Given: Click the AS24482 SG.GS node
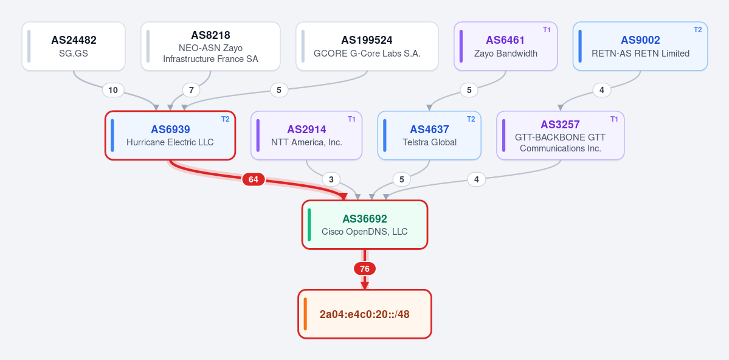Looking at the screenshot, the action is pyautogui.click(x=74, y=46).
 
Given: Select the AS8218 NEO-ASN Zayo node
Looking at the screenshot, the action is pyautogui.click(x=210, y=46).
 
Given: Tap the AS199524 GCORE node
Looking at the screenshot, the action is pyautogui.click(x=367, y=46).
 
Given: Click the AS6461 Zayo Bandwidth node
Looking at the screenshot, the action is pyautogui.click(x=506, y=46).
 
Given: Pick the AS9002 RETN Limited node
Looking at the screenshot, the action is pyautogui.click(x=640, y=46).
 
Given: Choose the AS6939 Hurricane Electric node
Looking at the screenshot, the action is pyautogui.click(x=170, y=136).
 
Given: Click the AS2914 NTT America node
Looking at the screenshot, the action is pyautogui.click(x=306, y=136).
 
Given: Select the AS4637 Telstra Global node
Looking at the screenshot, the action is pyautogui.click(x=429, y=136).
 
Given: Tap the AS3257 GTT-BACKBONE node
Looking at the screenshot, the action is pyautogui.click(x=560, y=136).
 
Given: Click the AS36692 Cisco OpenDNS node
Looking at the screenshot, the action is pyautogui.click(x=365, y=224).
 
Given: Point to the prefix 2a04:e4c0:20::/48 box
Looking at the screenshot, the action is pyautogui.click(x=365, y=314).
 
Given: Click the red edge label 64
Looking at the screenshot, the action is pyautogui.click(x=254, y=179).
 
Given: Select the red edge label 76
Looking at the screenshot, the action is pyautogui.click(x=365, y=269).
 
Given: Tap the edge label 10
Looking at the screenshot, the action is pyautogui.click(x=113, y=90).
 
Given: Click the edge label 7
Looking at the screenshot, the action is pyautogui.click(x=191, y=90).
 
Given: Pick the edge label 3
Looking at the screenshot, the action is pyautogui.click(x=331, y=179).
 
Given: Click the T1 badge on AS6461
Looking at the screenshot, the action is pyautogui.click(x=547, y=30).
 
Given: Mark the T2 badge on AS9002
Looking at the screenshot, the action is pyautogui.click(x=698, y=30).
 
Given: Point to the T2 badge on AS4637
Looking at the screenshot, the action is pyautogui.click(x=471, y=119).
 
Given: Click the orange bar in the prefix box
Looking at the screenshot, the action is pyautogui.click(x=305, y=314).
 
